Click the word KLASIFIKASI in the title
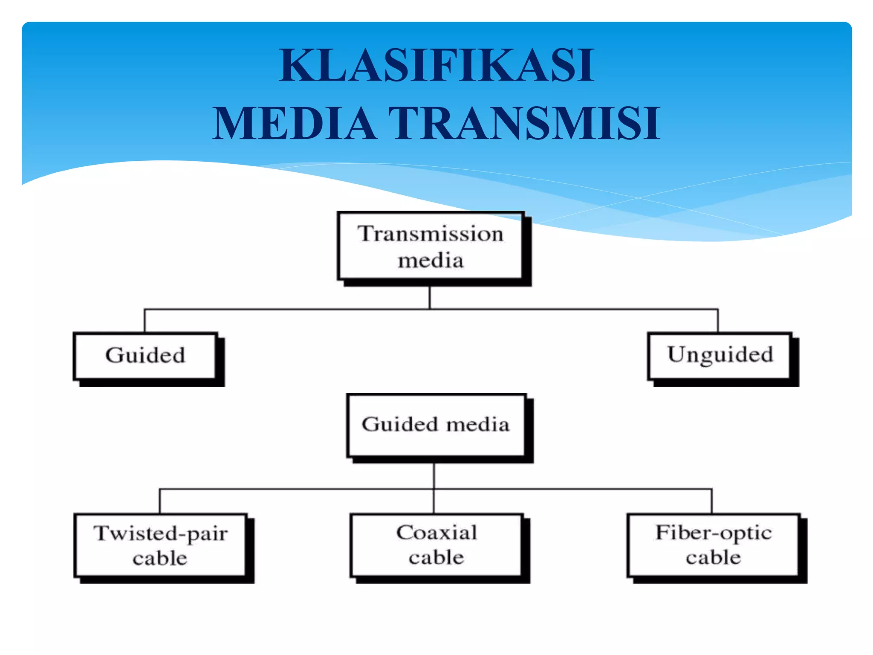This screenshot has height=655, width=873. [436, 65]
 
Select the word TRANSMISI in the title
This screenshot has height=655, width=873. [524, 124]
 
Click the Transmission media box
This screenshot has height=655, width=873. [431, 246]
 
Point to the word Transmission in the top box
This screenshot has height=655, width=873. [431, 234]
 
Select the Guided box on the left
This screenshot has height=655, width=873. [145, 356]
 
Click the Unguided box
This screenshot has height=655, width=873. [720, 356]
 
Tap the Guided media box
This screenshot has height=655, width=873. [436, 425]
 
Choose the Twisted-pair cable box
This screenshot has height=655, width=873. [160, 545]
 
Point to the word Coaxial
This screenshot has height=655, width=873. [436, 532]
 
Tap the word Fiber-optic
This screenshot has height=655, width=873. [714, 533]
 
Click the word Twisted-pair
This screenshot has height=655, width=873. [161, 533]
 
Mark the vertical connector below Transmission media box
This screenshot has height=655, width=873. [430, 297]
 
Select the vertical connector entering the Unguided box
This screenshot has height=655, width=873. [718, 321]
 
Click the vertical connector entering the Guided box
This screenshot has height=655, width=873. [145, 321]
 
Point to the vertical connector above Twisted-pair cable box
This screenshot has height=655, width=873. [160, 501]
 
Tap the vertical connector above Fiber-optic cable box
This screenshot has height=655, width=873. [712, 501]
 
